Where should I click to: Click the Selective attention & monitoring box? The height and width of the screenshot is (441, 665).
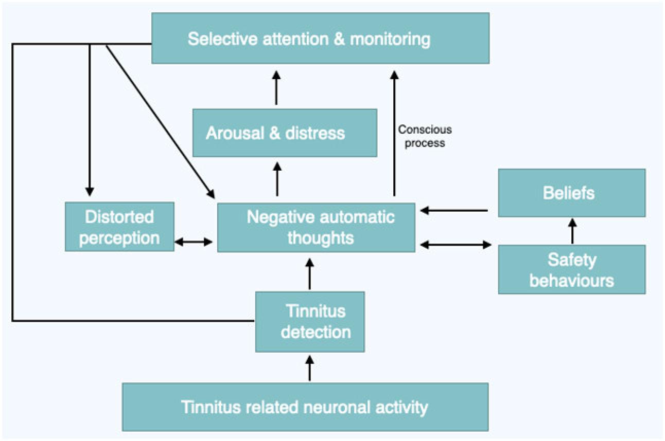[x=320, y=39]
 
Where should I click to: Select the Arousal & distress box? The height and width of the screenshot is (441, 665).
[x=284, y=133]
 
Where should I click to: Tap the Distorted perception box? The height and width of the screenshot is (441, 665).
[x=119, y=227]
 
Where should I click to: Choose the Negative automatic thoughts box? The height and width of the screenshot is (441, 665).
[x=316, y=227]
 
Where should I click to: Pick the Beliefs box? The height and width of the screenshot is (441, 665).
[x=571, y=193]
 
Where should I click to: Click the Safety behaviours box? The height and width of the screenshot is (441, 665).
[x=571, y=269]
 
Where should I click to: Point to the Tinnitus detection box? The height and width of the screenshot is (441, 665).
[x=310, y=321]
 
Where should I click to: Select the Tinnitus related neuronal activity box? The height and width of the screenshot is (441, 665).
[x=305, y=407]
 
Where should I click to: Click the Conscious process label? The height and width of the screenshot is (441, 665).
[x=424, y=136]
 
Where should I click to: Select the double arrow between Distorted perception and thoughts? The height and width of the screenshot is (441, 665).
[x=194, y=242]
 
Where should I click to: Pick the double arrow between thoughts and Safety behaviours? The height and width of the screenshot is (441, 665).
[x=456, y=245]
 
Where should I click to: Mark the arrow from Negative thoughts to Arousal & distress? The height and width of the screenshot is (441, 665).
[x=277, y=179]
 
